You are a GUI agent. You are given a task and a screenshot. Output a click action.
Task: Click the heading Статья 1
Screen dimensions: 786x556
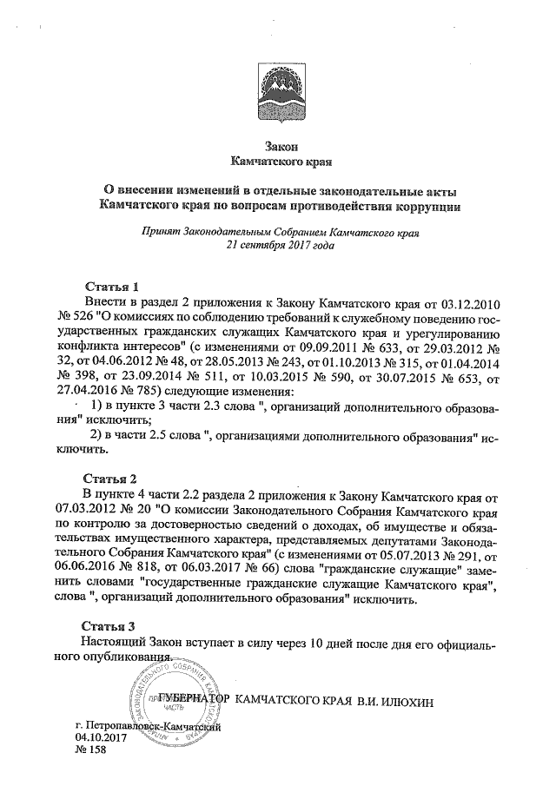(111, 286)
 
